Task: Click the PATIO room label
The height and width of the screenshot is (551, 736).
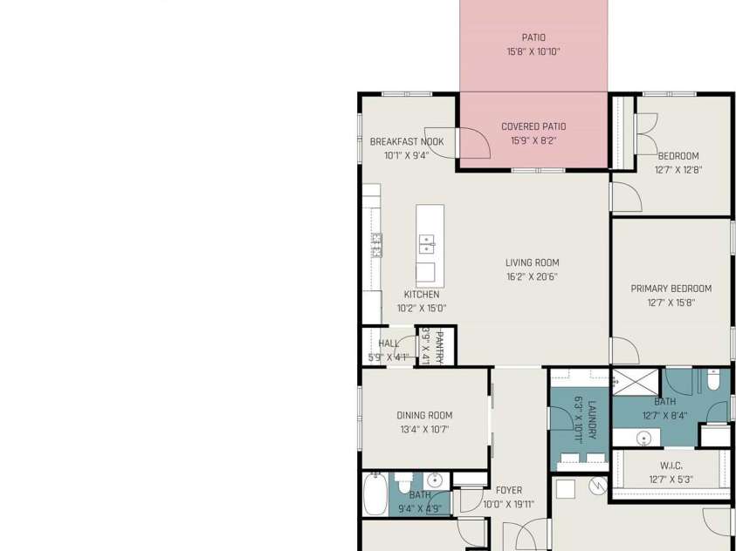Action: click(x=533, y=37)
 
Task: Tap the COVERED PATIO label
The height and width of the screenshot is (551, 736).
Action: click(x=533, y=126)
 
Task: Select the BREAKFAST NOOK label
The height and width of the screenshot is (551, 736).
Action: click(x=407, y=141)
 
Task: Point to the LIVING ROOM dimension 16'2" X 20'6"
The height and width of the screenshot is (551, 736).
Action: click(x=532, y=277)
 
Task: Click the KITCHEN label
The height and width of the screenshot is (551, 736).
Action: click(x=422, y=294)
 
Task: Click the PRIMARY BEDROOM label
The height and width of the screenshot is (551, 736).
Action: click(x=671, y=289)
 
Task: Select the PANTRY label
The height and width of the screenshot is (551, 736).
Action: click(x=440, y=347)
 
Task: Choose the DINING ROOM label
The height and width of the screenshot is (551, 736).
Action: click(x=425, y=415)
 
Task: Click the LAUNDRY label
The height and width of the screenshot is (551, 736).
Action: click(x=592, y=419)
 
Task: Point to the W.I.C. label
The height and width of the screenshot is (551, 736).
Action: click(x=671, y=466)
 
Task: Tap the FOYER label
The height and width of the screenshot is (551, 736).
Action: click(x=509, y=490)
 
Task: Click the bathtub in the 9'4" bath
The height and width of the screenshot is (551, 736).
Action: click(x=375, y=494)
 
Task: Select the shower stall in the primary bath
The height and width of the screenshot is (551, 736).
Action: click(x=636, y=382)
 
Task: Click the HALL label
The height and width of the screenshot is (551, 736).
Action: click(x=389, y=344)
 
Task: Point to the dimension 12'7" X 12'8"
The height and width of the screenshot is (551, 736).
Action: click(x=678, y=170)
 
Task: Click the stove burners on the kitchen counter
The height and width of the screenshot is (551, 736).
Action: click(x=376, y=245)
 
